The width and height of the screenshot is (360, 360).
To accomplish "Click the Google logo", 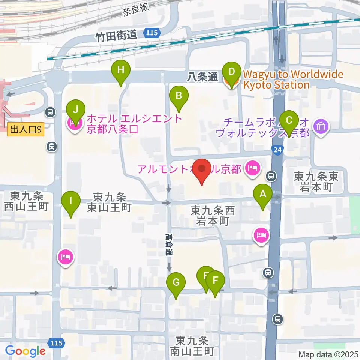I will pyautogui.click(x=25, y=351).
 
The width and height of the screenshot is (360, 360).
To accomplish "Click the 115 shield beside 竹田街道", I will pyautogui.click(x=152, y=34).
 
